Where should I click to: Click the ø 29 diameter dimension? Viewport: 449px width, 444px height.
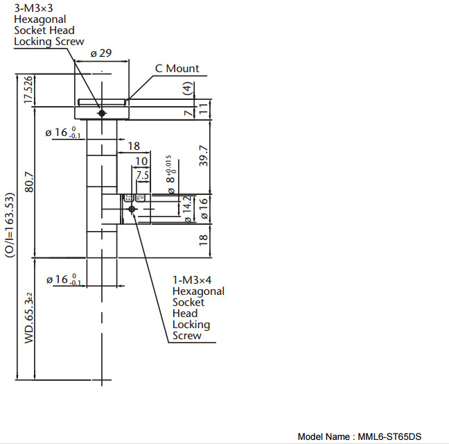coord(101,53)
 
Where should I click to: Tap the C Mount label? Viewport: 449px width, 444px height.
coord(177,69)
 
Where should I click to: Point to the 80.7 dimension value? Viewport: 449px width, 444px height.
coord(28,182)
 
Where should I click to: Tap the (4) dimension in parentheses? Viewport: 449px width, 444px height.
coord(186,88)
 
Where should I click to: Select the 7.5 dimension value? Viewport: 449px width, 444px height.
coord(142,176)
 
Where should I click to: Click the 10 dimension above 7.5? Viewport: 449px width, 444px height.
coord(141,162)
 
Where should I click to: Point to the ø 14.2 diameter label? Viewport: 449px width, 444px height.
coord(186,210)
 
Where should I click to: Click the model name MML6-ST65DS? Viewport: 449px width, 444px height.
coord(389,436)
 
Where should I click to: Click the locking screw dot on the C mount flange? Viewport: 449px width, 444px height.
coord(102,112)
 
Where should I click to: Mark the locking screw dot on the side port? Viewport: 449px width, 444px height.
coord(131,208)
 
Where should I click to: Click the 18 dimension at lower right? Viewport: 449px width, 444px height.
coord(204,240)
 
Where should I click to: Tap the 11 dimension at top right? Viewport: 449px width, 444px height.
coord(204,108)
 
